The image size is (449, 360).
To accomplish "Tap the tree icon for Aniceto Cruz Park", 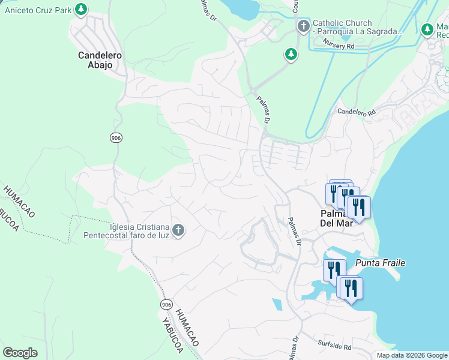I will pos(81,10).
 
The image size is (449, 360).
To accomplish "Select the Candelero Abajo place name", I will pos(100,60).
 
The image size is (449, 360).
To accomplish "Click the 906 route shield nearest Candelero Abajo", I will pos(116,138).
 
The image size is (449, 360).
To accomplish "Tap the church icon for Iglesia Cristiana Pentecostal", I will pos(178,230).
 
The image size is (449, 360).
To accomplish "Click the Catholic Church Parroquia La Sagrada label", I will pos(357,27).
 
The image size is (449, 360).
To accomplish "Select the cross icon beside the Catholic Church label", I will pos(304,26).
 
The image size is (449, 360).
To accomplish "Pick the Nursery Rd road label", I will pos(339,44).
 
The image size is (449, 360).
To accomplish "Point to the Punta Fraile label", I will pos(381,263).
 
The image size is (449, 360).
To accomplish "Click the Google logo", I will pos(20,353).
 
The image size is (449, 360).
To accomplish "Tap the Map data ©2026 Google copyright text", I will pos(411,355).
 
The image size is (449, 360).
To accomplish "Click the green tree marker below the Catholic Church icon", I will pos(291,55).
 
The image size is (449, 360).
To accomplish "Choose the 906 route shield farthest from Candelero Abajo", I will pos(166,305).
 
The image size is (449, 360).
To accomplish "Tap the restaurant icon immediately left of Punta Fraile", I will pos(334,270).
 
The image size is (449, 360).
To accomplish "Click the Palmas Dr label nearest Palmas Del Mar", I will pos(294,231).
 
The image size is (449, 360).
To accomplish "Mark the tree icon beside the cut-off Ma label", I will pos(427,29).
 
